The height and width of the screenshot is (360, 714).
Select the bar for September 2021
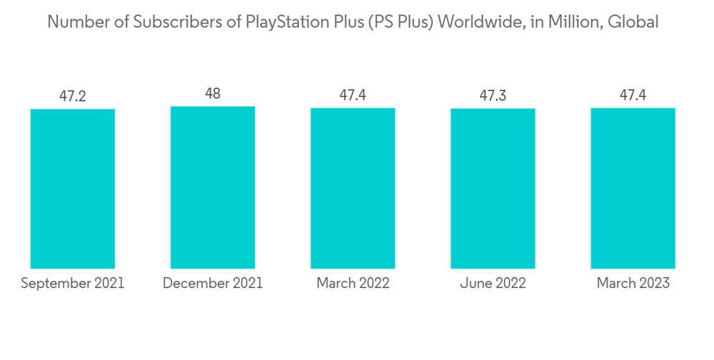tap(73, 189)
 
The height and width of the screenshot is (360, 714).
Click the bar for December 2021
tap(213, 187)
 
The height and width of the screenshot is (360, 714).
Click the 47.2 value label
tap(73, 96)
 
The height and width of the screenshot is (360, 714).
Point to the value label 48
tap(213, 94)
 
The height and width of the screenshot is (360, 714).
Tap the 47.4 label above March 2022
tap(353, 95)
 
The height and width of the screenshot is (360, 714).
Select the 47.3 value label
tap(493, 96)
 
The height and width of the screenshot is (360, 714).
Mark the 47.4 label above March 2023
tap(633, 95)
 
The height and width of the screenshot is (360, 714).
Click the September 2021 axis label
tap(73, 284)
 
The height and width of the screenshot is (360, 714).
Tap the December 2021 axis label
tap(213, 284)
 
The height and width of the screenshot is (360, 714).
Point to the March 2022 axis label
tap(353, 284)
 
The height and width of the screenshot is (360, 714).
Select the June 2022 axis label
tap(493, 284)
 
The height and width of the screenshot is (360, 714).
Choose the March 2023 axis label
tap(633, 284)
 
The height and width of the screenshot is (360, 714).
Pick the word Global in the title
tap(634, 22)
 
